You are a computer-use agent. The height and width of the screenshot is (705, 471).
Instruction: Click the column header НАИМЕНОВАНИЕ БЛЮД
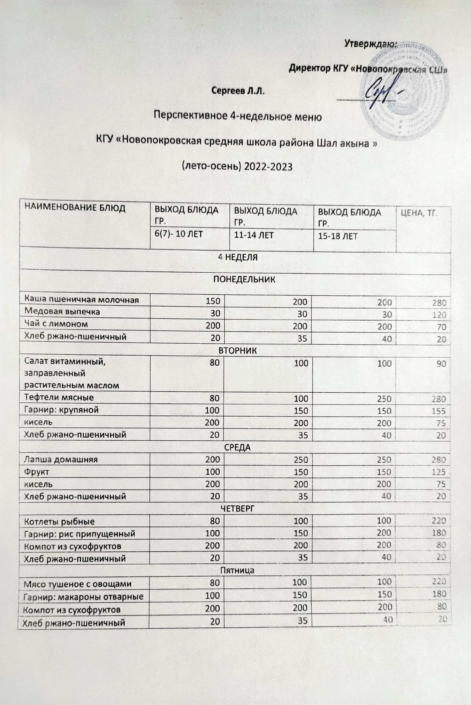click(x=75, y=208)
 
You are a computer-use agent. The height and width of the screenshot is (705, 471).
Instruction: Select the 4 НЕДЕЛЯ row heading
click(x=238, y=257)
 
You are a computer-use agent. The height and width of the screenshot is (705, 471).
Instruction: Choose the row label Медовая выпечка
click(x=62, y=311)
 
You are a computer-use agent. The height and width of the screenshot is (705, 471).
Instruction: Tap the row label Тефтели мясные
click(x=59, y=397)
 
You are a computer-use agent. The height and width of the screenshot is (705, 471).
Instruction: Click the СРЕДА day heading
click(x=238, y=448)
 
